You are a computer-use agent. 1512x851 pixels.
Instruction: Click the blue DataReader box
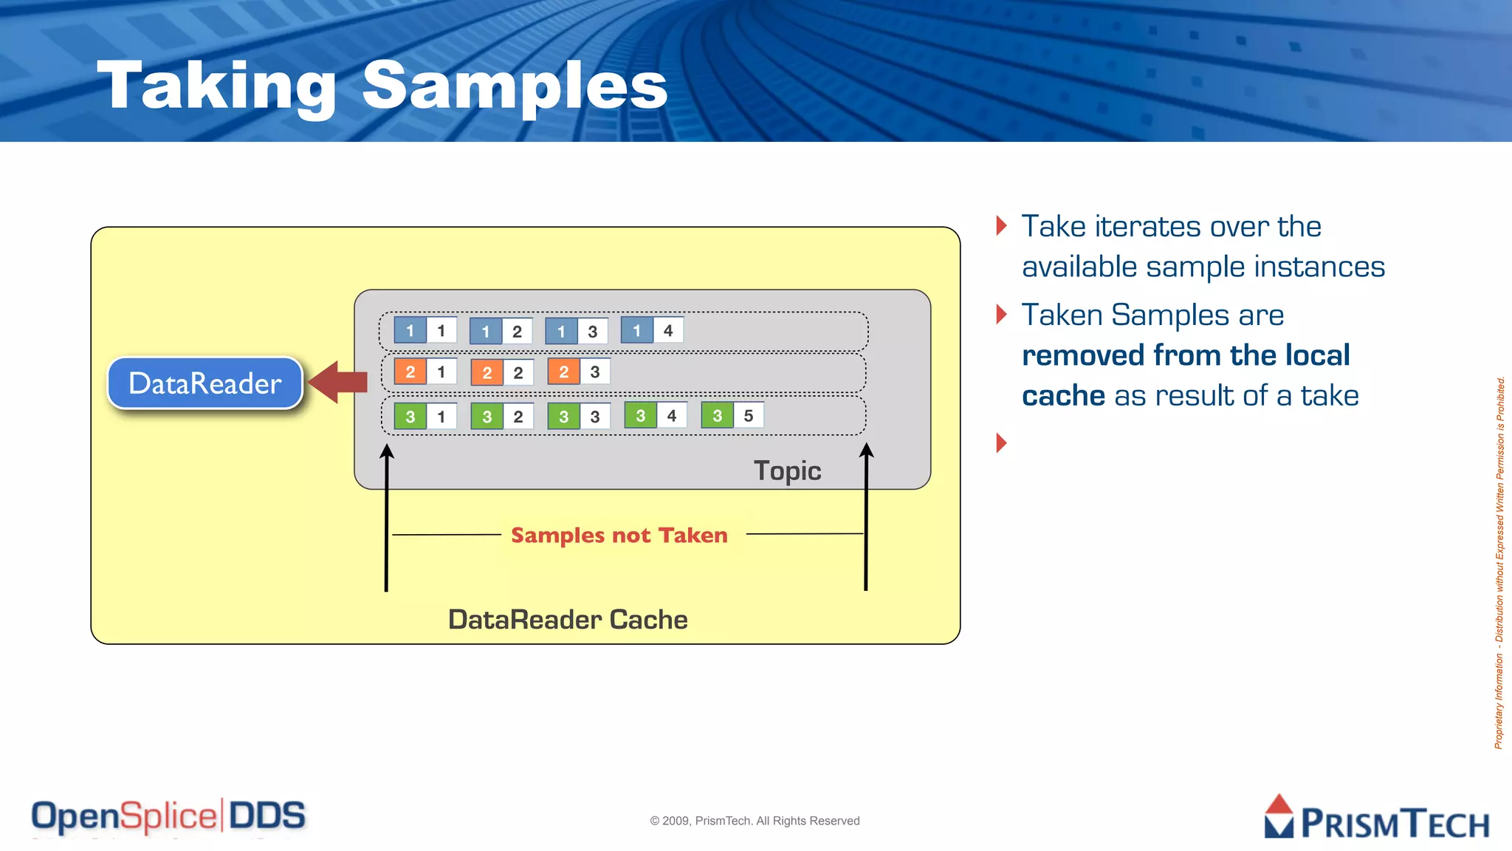click(x=205, y=383)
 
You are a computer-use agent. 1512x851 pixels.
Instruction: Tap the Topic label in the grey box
click(x=787, y=471)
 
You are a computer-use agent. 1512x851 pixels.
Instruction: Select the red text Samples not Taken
click(x=619, y=535)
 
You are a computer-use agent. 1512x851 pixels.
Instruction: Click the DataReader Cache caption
click(x=567, y=619)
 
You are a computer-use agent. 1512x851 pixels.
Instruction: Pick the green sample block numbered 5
click(x=732, y=415)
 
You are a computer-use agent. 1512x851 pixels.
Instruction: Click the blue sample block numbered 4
click(x=652, y=330)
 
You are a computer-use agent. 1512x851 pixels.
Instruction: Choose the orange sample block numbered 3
click(x=579, y=372)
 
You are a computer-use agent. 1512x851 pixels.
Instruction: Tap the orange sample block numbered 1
click(x=425, y=372)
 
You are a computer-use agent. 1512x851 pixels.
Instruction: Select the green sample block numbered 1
click(x=425, y=416)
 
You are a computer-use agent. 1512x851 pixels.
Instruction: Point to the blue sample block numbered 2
click(x=501, y=331)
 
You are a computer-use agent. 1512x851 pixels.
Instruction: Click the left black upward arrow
click(x=386, y=517)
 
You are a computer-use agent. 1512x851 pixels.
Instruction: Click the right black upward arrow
click(x=866, y=517)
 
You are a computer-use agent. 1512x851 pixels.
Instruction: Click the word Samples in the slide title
click(x=515, y=86)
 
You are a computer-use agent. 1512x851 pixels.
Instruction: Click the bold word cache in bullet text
click(x=1063, y=396)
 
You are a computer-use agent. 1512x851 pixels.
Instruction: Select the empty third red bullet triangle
click(x=1002, y=442)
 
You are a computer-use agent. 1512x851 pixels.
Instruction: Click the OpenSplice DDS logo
click(x=168, y=816)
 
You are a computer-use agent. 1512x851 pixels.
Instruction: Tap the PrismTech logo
click(x=1376, y=818)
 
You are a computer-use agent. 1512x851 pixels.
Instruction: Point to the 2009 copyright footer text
click(x=755, y=821)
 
